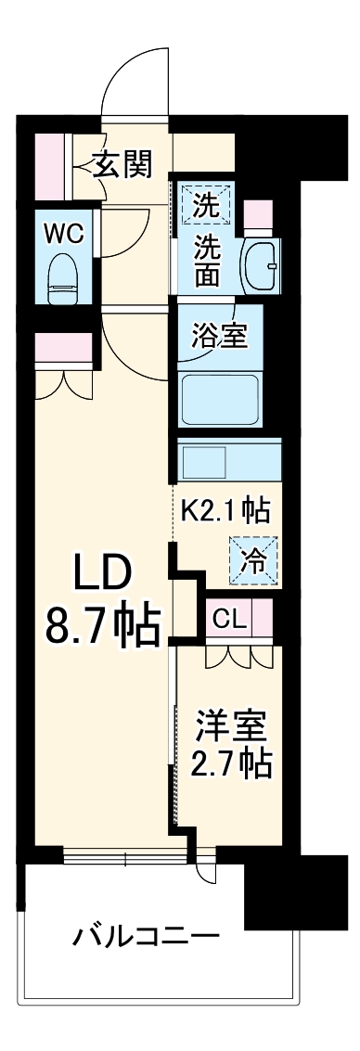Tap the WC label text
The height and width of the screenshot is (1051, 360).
pyautogui.click(x=64, y=232)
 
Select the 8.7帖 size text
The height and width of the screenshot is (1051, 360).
pyautogui.click(x=102, y=629)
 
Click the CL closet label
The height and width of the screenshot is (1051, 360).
pyautogui.click(x=229, y=620)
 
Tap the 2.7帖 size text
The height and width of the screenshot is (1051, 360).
pyautogui.click(x=232, y=763)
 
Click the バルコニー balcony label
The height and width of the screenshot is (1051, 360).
pyautogui.click(x=147, y=934)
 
